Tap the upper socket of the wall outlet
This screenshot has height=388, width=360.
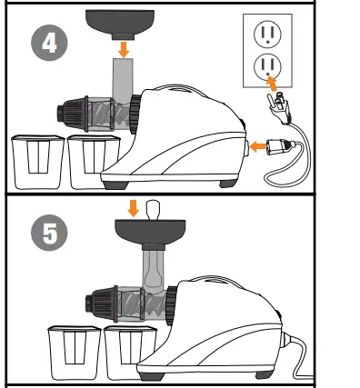click(267, 34)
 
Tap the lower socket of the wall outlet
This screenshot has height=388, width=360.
click(267, 65)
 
